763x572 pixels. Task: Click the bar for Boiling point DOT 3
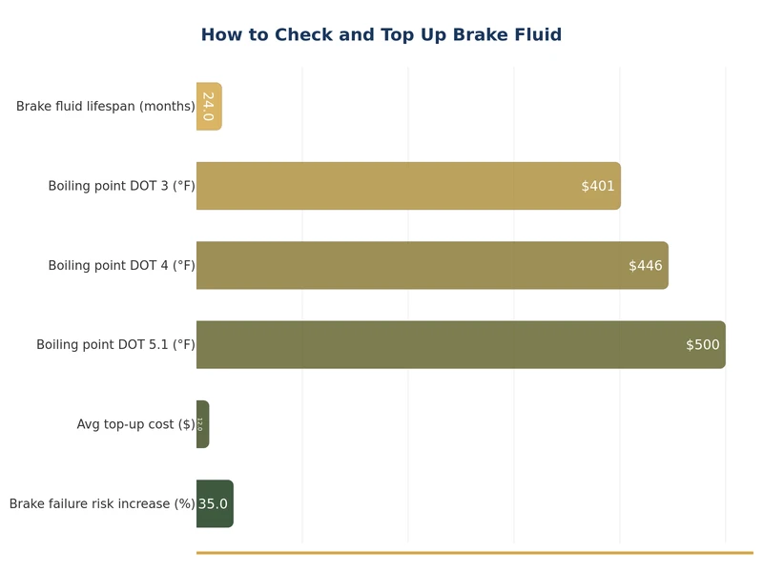click(408, 186)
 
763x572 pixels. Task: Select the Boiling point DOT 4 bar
click(432, 265)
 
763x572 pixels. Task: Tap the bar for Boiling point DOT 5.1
click(461, 344)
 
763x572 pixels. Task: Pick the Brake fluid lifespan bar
click(209, 107)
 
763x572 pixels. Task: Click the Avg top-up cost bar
click(202, 424)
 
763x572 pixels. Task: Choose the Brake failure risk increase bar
click(215, 503)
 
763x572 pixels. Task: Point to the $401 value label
click(598, 186)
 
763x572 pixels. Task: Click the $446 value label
click(646, 265)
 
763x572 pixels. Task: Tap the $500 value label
click(703, 344)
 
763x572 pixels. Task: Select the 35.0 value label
click(213, 503)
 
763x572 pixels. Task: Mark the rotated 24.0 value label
click(208, 107)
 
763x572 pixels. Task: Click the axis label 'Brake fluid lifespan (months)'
click(105, 107)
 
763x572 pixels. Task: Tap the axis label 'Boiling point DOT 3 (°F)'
click(121, 186)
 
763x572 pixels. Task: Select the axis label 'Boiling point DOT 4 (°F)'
click(121, 265)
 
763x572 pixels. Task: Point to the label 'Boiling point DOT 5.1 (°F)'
click(115, 344)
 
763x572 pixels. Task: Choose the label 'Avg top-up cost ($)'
click(135, 424)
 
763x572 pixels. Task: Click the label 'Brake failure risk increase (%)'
click(102, 503)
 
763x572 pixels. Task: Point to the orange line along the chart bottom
click(474, 552)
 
